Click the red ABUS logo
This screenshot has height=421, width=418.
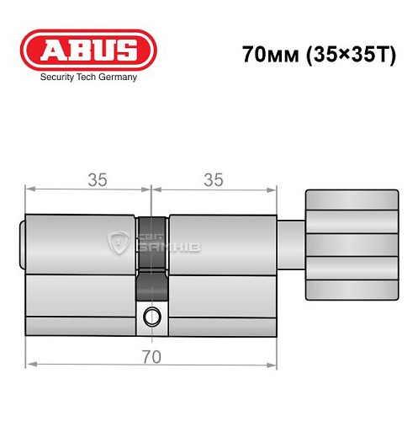point(87,49)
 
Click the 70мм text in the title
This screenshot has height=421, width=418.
point(263,56)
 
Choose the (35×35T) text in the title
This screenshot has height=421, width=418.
point(336,56)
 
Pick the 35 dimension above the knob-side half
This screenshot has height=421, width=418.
point(214,179)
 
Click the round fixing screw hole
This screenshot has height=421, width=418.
point(151,317)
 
